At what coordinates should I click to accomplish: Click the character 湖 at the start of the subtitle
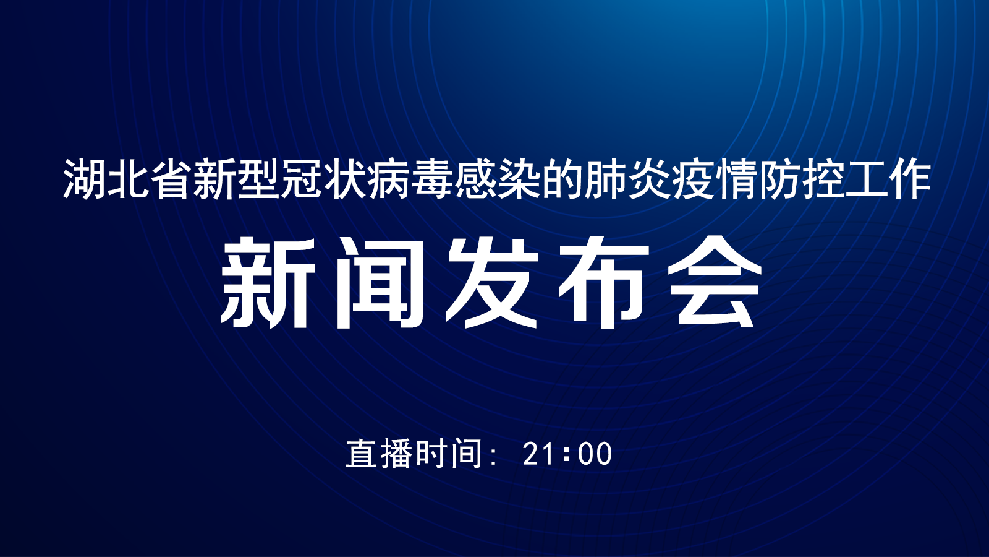(x=84, y=178)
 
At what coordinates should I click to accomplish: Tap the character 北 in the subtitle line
(x=127, y=178)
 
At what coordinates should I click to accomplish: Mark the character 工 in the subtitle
(x=866, y=178)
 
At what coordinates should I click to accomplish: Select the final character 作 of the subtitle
(x=909, y=178)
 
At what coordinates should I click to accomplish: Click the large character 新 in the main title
(x=268, y=282)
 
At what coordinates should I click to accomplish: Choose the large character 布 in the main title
(x=603, y=282)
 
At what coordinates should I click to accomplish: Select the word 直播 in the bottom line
(x=379, y=453)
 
